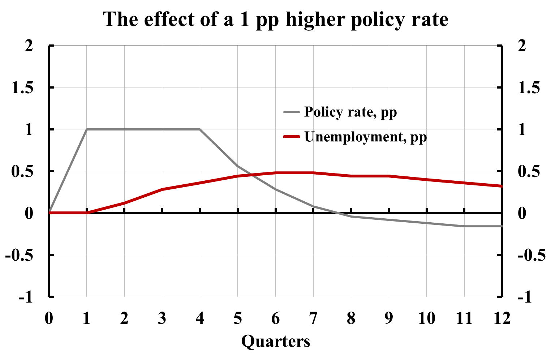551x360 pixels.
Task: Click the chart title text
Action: tap(275, 20)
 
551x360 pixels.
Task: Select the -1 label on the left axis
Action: tap(26, 297)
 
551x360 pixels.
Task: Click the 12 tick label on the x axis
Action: tap(502, 318)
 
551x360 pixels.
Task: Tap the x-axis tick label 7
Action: tap(313, 318)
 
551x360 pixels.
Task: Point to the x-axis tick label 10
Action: tap(426, 318)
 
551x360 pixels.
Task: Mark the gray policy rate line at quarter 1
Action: tap(87, 129)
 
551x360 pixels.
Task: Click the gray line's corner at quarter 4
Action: tap(200, 129)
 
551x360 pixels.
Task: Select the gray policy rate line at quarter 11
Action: tap(464, 226)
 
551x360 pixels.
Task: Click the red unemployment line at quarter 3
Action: tap(162, 189)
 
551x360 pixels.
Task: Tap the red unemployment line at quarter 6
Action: tap(275, 173)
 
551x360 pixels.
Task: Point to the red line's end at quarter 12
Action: tap(502, 186)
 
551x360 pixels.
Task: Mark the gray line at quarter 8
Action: tap(351, 217)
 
